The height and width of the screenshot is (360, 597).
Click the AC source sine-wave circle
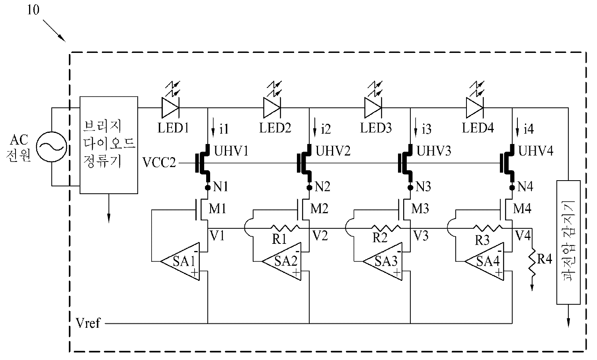tap(51, 147)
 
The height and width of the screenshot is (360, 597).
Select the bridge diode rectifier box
tap(109, 145)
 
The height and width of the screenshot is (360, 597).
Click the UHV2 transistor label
tap(333, 152)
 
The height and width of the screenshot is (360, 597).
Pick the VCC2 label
tap(159, 163)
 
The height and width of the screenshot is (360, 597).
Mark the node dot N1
tap(207, 187)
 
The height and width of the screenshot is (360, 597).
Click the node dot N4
tap(511, 187)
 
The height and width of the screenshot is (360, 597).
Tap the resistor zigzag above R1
tap(285, 228)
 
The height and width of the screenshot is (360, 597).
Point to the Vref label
tap(88, 323)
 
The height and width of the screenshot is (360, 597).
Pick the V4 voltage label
tap(522, 236)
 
